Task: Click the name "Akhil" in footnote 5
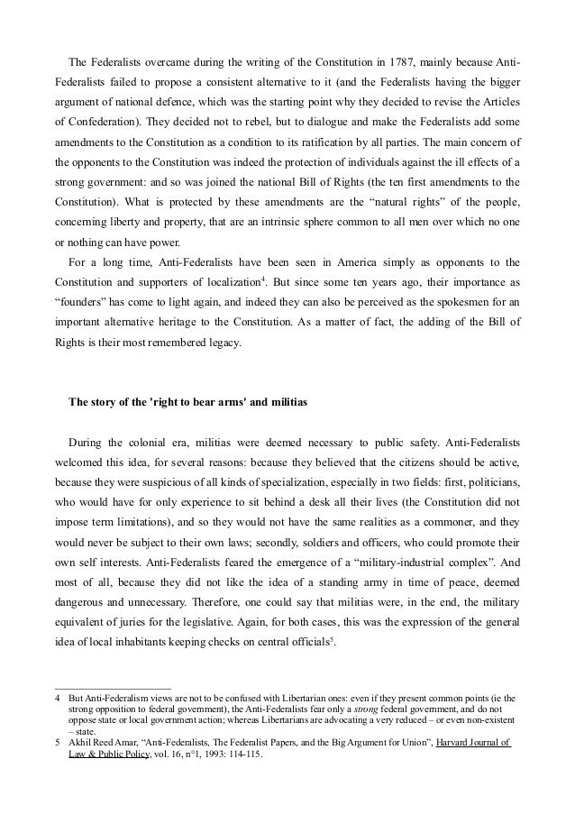(x=83, y=743)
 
